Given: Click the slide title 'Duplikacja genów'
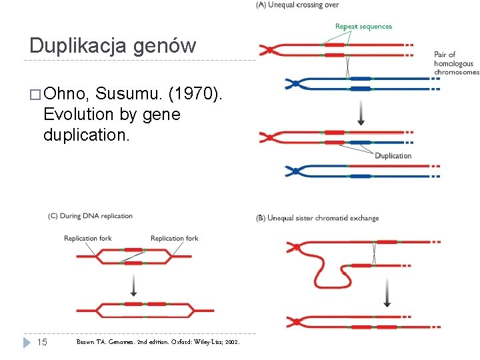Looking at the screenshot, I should (x=113, y=45).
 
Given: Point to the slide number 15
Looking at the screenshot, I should (x=41, y=342).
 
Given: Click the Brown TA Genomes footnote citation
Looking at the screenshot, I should (x=159, y=342).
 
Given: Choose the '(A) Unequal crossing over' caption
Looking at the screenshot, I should (x=297, y=5).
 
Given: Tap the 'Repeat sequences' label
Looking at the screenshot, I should (x=363, y=27).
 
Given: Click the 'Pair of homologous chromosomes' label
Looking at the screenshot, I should (x=456, y=63).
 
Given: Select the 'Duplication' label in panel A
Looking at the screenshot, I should (x=393, y=156).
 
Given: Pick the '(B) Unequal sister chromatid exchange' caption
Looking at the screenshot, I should (x=317, y=218).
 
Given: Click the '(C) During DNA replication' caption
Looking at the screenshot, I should (x=90, y=216).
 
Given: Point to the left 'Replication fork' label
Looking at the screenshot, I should (x=88, y=238).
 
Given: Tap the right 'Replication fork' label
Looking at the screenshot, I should (x=175, y=238).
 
